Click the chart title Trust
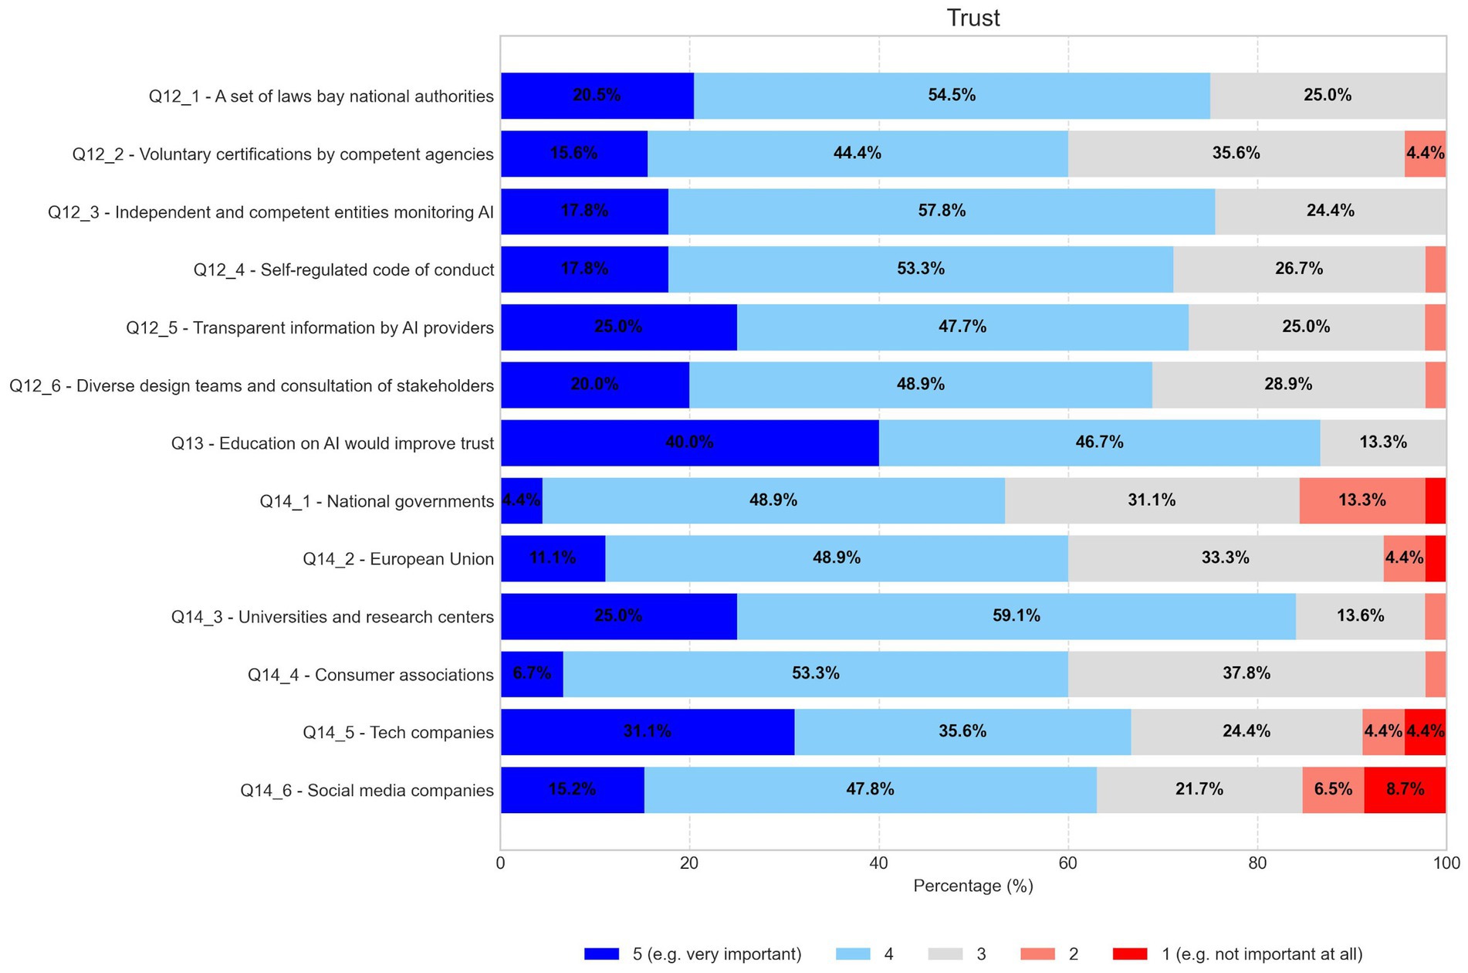pos(972,18)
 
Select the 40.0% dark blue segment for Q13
pos(689,442)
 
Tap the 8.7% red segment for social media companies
pos(1404,789)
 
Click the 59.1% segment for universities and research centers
pos(1016,616)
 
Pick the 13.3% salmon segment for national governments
pos(1361,500)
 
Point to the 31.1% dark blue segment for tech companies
pos(647,731)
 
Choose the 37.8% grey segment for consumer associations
pos(1246,673)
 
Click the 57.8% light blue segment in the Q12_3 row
pos(941,211)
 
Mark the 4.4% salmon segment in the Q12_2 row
pos(1424,153)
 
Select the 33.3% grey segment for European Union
pos(1225,558)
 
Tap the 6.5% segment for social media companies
pos(1332,789)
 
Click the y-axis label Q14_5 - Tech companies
pos(397,732)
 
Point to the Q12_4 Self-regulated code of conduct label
pos(343,270)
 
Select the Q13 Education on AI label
pos(332,443)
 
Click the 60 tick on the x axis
pos(1067,863)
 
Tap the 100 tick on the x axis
pos(1446,863)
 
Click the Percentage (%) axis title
pos(972,886)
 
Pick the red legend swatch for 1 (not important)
pos(1130,954)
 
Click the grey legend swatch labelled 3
pos(945,954)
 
